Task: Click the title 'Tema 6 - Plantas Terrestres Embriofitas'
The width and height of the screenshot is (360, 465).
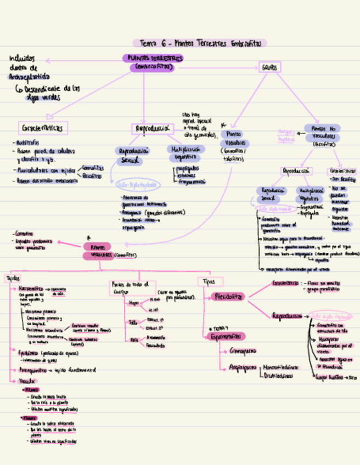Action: click(x=200, y=43)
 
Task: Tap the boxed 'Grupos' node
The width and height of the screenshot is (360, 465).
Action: click(x=269, y=67)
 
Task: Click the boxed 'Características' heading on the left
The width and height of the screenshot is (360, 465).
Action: click(x=43, y=128)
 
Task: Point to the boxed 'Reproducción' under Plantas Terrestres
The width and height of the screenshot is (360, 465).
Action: click(x=152, y=129)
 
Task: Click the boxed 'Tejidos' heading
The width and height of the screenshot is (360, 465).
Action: click(x=13, y=279)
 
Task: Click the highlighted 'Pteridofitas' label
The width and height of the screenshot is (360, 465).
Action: click(x=227, y=296)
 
